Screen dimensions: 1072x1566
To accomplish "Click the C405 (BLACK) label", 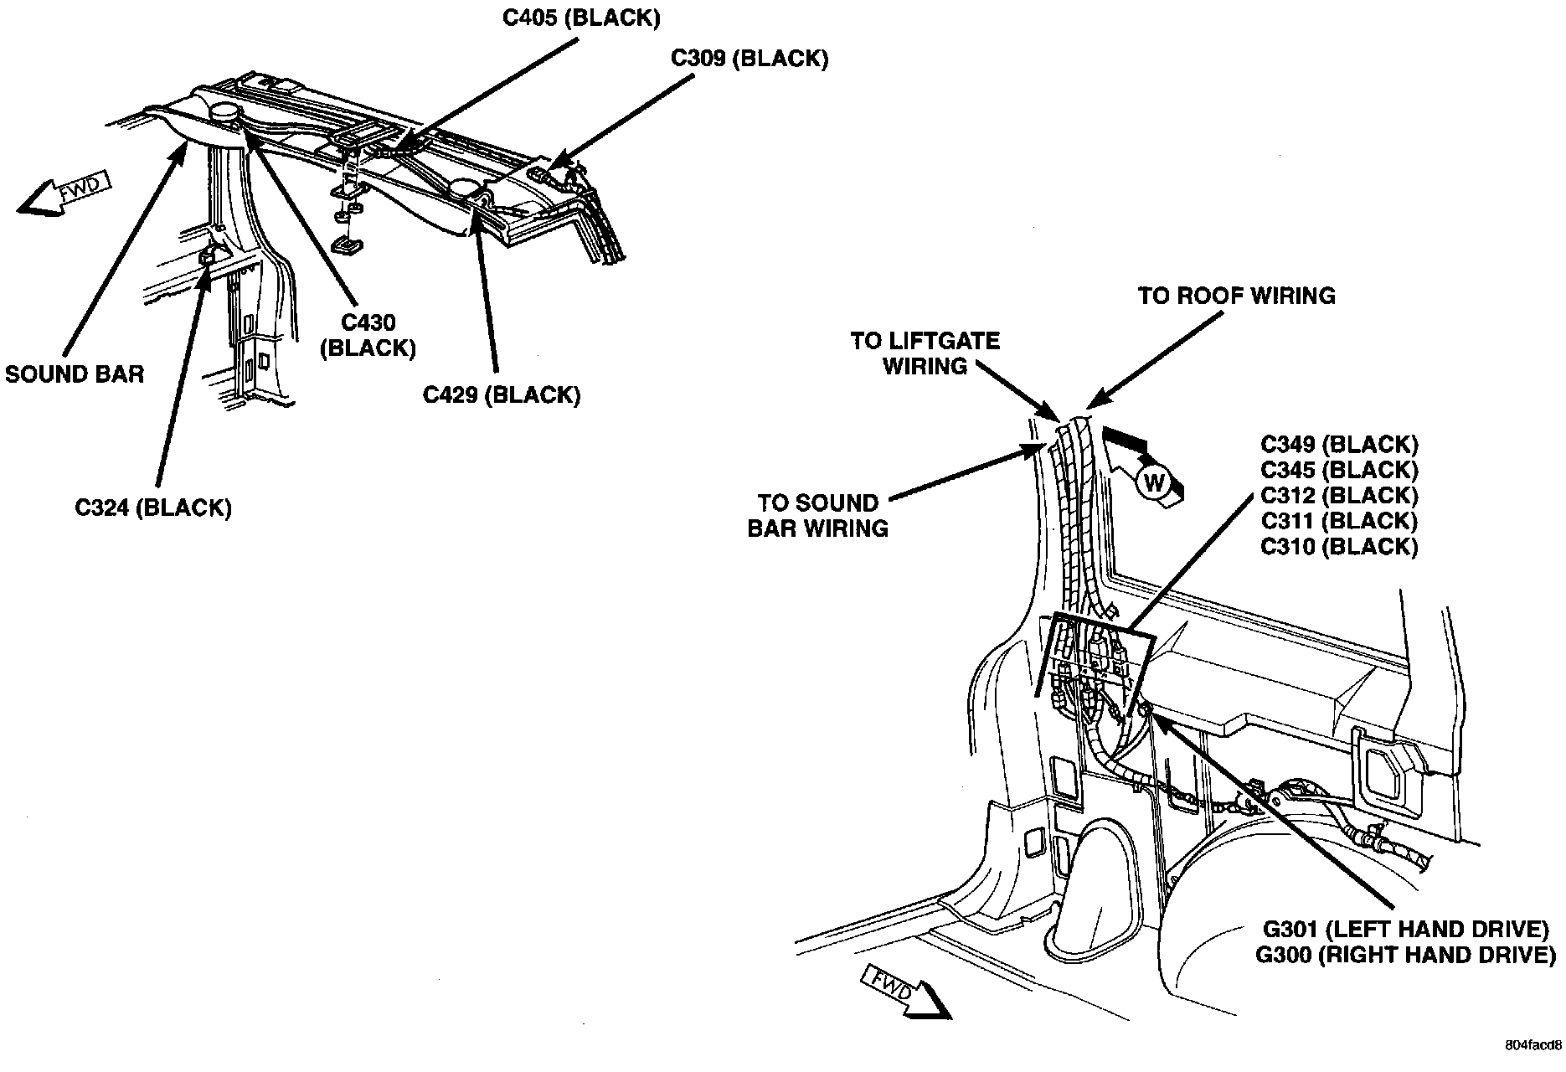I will coord(580,18).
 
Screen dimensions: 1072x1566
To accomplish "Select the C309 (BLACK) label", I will coord(750,59).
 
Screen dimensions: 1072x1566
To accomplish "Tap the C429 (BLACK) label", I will coord(501,394).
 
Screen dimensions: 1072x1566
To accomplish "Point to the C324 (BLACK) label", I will coord(153,508).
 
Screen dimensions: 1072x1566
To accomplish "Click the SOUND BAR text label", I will coord(75,374).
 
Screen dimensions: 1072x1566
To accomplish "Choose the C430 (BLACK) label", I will coord(368,335).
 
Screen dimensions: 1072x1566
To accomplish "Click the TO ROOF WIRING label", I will coord(1236,296).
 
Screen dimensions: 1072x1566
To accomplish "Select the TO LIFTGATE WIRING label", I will coord(925,353).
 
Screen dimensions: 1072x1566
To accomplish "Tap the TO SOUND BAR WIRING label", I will coord(818,516).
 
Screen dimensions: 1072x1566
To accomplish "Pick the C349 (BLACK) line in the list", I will coord(1339,445).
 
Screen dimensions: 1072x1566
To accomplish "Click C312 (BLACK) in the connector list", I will coord(1339,496).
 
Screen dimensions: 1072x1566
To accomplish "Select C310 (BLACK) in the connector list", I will coord(1339,547).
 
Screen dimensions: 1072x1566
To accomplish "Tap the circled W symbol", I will coord(1153,482).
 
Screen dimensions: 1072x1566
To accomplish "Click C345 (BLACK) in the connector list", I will coord(1339,470).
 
